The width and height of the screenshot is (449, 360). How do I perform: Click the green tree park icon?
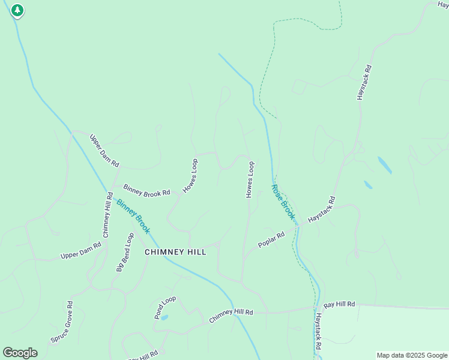(17, 10)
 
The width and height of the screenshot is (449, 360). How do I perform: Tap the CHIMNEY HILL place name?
(175, 252)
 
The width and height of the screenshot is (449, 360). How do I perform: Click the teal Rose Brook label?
(283, 202)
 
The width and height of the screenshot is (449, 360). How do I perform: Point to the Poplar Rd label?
(271, 240)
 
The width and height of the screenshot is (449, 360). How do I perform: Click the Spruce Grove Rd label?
(62, 322)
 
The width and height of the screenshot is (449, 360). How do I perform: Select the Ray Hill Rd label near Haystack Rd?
(339, 305)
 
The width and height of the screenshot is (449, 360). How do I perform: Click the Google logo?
(20, 353)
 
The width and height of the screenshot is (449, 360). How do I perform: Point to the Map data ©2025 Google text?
(412, 355)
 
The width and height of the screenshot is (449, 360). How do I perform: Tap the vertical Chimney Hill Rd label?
(107, 214)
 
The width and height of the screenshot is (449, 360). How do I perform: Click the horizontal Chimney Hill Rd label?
(231, 316)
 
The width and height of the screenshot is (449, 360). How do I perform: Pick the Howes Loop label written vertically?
(250, 179)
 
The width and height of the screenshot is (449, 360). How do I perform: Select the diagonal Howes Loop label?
(190, 176)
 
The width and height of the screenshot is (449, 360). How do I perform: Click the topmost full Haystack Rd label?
(364, 82)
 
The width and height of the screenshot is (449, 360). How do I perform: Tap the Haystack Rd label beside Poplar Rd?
(321, 210)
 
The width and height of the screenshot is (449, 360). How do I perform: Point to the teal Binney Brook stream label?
(133, 217)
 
